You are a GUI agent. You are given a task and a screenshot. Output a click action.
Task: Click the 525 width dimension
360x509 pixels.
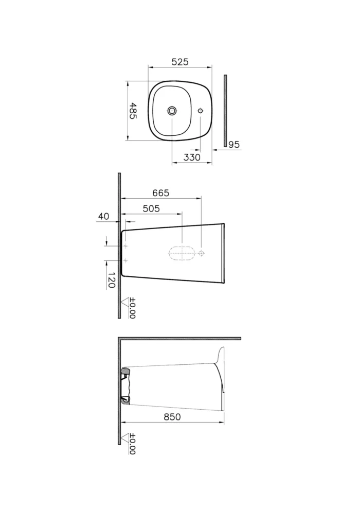pos(179,62)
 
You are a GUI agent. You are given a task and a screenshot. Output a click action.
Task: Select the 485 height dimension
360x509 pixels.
pos(133,111)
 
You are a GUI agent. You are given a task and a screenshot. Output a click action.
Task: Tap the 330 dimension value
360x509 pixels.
pos(192,157)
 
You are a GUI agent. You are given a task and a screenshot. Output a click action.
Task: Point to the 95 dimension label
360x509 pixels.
pos(234,145)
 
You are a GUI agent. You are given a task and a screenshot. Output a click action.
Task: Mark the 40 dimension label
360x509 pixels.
pos(103,217)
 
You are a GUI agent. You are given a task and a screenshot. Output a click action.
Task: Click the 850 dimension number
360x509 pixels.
pos(172,417)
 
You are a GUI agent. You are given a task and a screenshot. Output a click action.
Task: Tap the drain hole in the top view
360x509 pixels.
pos(172,110)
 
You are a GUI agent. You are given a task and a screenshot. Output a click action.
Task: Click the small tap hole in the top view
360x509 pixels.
pos(201,110)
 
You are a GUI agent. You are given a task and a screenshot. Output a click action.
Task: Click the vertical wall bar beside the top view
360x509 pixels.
pos(225,110)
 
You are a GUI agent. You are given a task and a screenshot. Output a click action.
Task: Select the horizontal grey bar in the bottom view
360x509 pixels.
pos(180,338)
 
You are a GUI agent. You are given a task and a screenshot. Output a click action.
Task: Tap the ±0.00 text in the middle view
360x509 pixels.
pos(132,308)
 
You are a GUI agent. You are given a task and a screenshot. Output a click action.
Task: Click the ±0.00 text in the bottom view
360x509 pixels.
pos(132,444)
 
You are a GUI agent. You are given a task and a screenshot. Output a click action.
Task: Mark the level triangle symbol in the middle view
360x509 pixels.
pos(124,301)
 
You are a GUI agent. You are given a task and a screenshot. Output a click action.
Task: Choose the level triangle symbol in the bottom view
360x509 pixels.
pos(124,437)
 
